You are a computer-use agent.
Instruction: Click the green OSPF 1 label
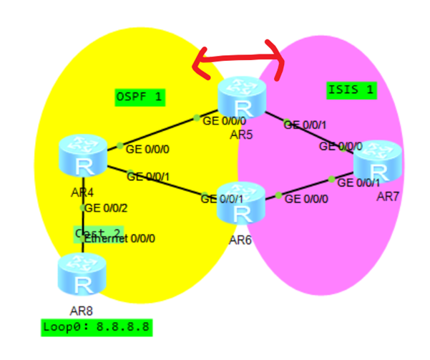140,97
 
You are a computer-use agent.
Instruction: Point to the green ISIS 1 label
351,90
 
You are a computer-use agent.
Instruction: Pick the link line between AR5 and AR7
308,131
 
